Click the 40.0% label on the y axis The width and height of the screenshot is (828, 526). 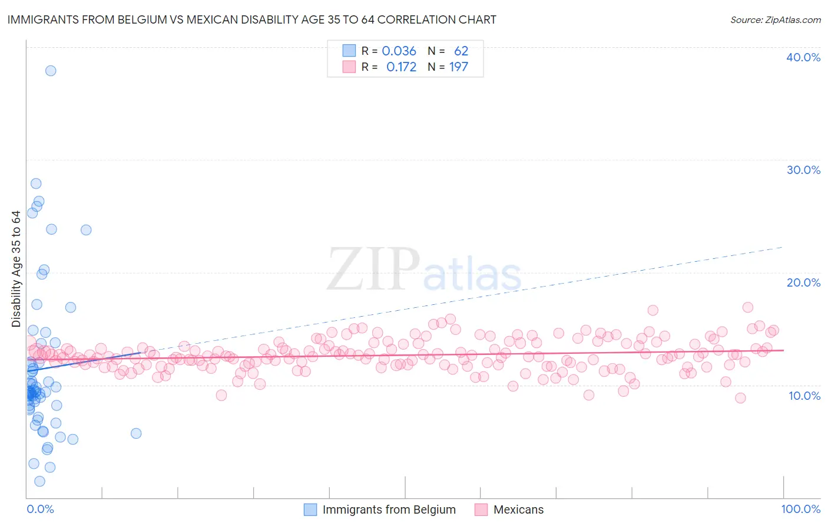[803, 57]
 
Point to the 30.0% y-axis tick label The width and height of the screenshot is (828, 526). [803, 170]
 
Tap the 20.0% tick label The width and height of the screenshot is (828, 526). [803, 282]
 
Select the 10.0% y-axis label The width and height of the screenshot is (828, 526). [804, 396]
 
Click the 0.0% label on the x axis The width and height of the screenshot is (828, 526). [40, 509]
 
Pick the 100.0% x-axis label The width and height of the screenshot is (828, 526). [800, 509]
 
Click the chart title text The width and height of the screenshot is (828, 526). [252, 19]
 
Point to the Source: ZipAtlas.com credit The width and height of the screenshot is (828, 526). [775, 19]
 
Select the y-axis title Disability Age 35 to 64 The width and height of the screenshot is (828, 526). [16, 269]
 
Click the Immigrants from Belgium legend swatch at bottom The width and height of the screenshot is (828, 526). [310, 509]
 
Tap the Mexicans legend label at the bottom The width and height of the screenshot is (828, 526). [518, 509]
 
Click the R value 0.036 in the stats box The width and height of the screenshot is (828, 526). [399, 51]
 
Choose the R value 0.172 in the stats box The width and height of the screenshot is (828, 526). [401, 67]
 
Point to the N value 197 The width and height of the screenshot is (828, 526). [459, 67]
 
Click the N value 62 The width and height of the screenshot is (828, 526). [461, 51]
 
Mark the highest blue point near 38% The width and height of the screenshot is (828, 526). [51, 71]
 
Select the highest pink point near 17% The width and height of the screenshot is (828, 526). [748, 307]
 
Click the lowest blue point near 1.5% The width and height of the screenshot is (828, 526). [39, 481]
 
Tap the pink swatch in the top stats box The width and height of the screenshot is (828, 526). [349, 67]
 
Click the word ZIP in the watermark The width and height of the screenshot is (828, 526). [373, 269]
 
